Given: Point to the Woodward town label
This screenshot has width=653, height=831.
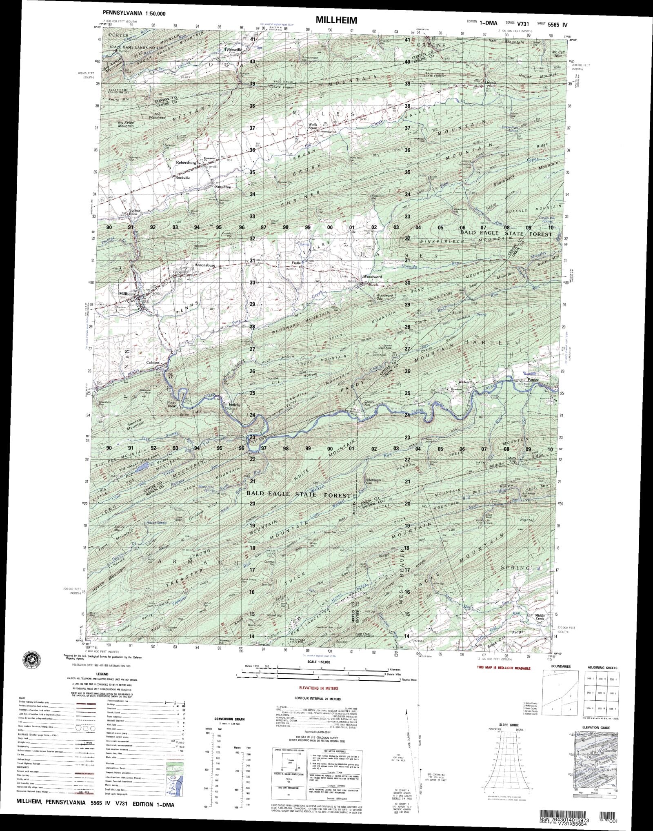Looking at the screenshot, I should click(372, 277).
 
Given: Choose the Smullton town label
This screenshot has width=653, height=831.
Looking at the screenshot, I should click(223, 187).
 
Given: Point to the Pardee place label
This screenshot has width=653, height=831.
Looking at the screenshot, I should click(534, 379).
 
